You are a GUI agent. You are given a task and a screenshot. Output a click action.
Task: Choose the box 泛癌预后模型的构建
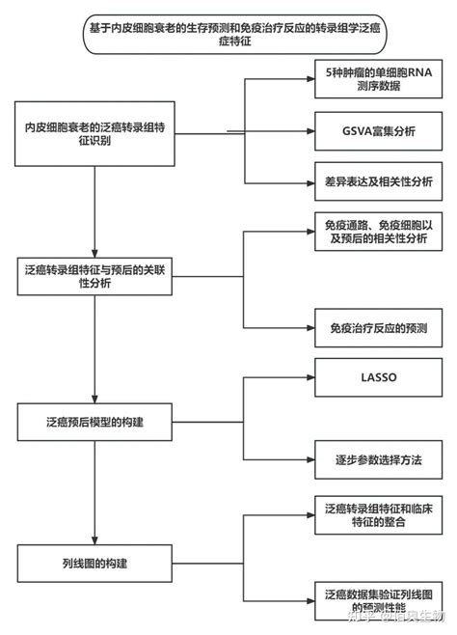pos(94,422)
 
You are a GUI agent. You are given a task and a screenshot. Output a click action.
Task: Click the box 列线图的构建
pos(94,561)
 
